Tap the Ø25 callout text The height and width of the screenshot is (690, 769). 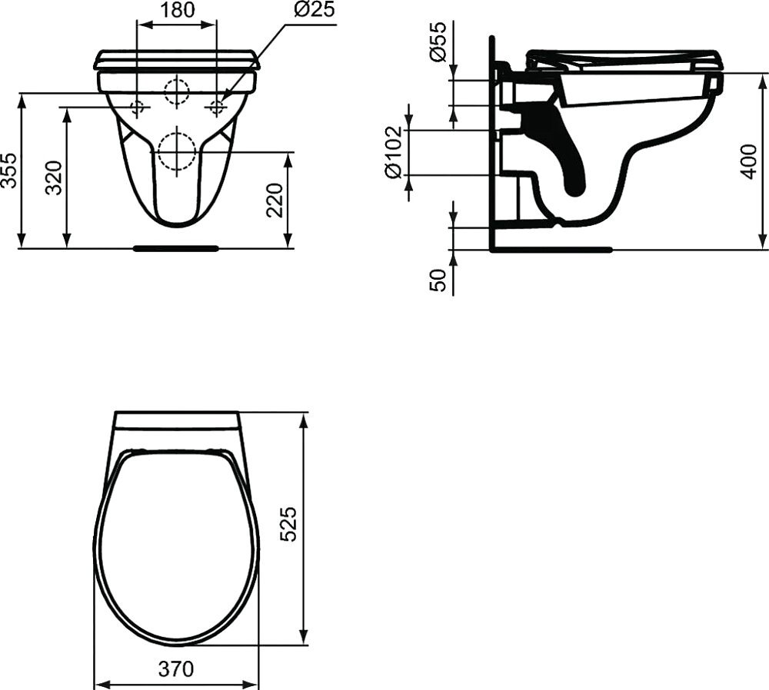(315, 9)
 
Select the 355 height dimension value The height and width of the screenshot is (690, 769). (9, 171)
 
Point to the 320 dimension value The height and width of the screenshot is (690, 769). (54, 177)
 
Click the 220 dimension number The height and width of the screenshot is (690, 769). (275, 200)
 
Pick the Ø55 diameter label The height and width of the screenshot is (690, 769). (438, 41)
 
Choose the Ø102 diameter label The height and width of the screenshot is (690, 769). (393, 152)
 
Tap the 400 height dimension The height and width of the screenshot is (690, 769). (748, 161)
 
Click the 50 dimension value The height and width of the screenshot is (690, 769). (438, 280)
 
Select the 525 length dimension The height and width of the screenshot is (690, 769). (289, 524)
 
